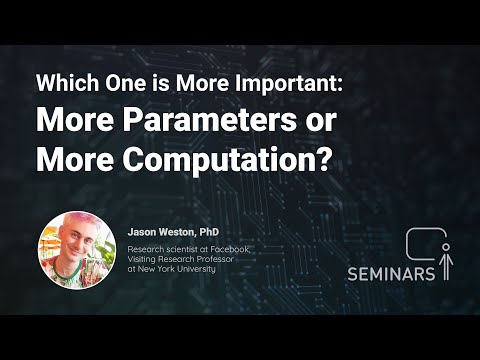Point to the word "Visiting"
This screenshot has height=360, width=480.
[146, 258]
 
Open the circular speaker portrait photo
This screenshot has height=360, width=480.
[74, 250]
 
